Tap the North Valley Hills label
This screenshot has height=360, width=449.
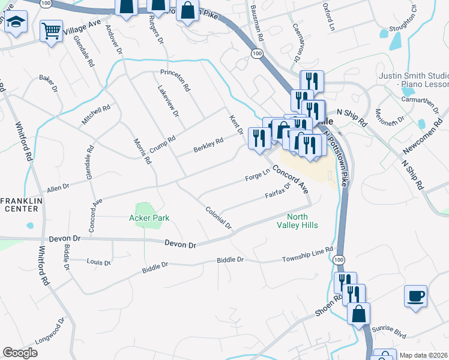(x=302, y=221)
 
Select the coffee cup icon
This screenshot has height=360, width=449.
(x=415, y=296)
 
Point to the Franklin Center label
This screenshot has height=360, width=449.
(x=20, y=204)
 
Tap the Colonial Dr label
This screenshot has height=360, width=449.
(x=218, y=218)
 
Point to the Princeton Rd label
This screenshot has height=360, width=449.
(x=175, y=79)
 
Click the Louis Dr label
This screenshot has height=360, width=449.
(x=98, y=262)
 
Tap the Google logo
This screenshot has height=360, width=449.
(x=20, y=352)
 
